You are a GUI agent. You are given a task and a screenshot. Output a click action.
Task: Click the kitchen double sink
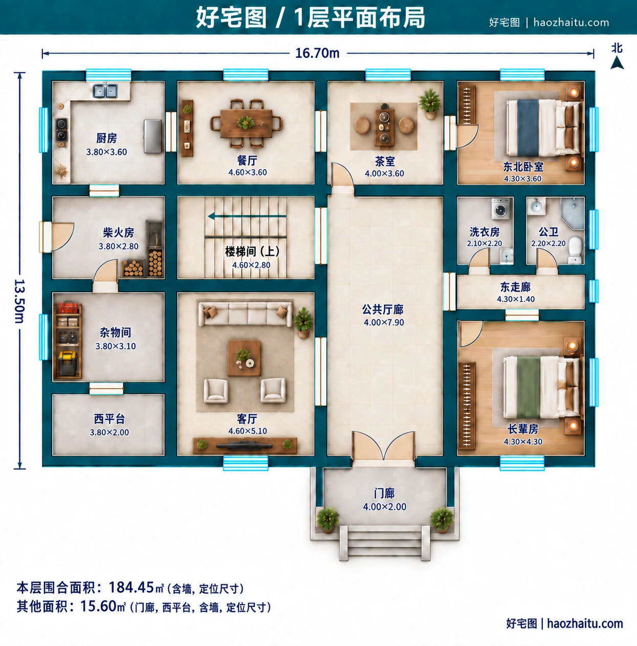(105, 91)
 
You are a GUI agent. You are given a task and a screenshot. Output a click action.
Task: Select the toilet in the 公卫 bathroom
(575, 250)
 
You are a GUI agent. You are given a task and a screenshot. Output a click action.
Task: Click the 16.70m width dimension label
(317, 53)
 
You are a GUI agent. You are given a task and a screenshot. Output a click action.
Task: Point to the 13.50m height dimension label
(19, 301)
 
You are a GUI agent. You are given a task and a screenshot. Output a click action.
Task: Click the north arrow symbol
(617, 63)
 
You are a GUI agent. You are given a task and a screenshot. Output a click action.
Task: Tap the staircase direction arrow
(247, 216)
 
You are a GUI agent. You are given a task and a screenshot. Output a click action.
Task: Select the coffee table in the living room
(244, 358)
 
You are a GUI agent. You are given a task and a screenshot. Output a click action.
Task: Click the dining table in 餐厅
(246, 123)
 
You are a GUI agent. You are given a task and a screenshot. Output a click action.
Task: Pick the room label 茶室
(385, 162)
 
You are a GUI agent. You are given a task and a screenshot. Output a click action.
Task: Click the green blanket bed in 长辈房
(542, 387)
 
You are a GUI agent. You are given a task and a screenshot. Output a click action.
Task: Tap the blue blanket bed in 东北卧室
(543, 128)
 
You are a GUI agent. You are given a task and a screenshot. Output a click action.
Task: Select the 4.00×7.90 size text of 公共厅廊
(384, 323)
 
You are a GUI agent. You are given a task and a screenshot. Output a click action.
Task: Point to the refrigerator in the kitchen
(152, 136)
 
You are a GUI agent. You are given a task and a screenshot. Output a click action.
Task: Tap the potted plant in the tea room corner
(430, 103)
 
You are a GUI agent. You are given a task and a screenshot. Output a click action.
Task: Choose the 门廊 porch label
(384, 494)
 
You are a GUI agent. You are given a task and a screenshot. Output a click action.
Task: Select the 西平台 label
(109, 419)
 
